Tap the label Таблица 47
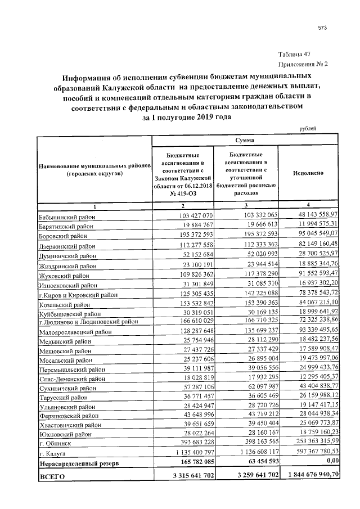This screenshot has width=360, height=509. pos(295,55)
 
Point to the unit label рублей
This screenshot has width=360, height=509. pos(307,128)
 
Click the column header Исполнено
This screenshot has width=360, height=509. pos(308,173)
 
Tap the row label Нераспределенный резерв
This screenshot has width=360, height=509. pos(78,463)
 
